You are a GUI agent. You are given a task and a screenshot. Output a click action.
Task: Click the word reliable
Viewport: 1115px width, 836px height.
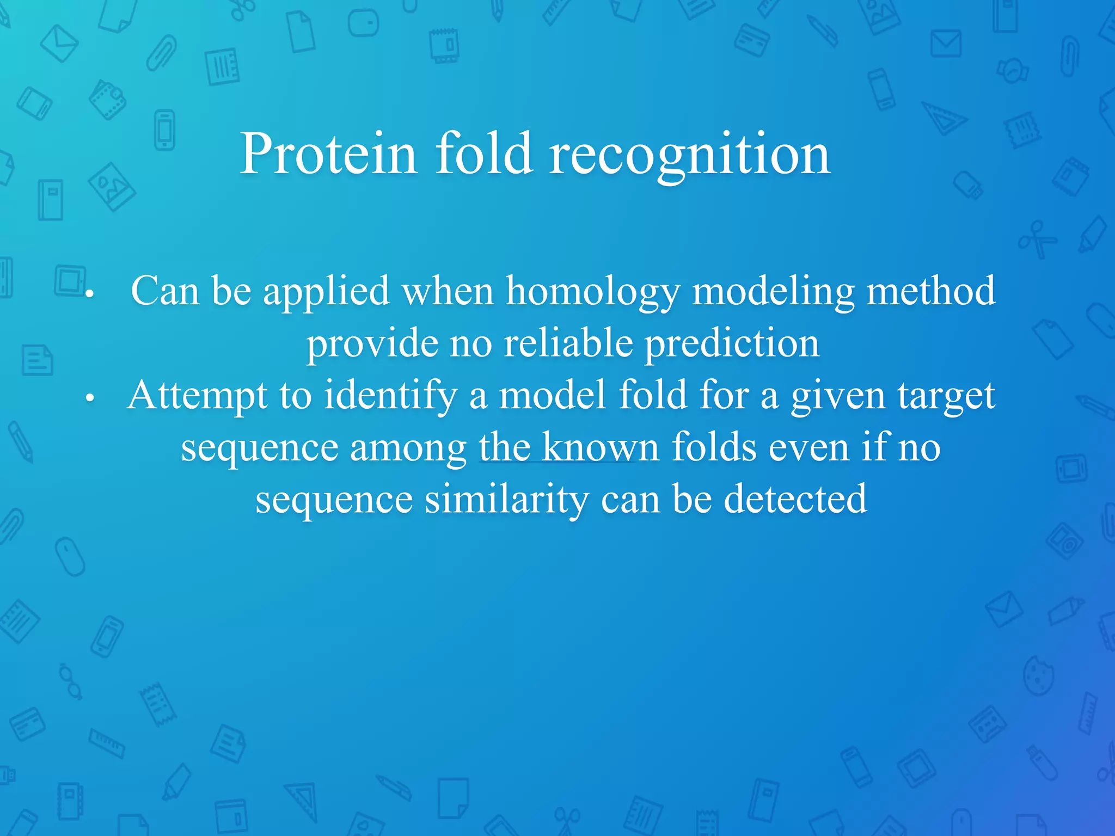[x=568, y=343]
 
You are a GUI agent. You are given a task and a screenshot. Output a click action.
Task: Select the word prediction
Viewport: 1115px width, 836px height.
[x=732, y=343]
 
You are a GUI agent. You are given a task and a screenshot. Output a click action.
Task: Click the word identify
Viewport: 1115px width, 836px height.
[x=390, y=396]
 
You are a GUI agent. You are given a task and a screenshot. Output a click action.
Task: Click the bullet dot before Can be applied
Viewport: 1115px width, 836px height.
[x=90, y=294]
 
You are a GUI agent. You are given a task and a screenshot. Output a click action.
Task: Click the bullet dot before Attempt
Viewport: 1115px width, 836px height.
[x=90, y=399]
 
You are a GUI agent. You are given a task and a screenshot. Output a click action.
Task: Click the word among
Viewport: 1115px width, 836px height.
[x=408, y=448]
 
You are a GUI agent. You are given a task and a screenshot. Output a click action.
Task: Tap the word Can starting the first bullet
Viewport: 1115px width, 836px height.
[x=165, y=291]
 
